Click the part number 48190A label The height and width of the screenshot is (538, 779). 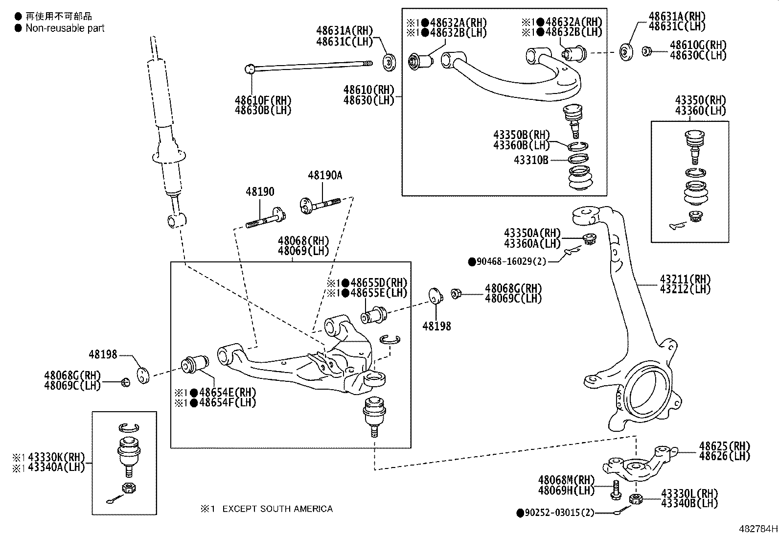[x=325, y=175]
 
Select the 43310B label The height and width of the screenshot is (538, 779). [x=531, y=160]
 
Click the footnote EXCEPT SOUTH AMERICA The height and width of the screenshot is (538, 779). [x=277, y=509]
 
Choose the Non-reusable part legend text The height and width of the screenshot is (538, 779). [x=65, y=28]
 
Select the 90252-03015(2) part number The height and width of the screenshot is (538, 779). [x=559, y=513]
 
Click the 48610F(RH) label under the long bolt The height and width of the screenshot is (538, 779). [x=263, y=100]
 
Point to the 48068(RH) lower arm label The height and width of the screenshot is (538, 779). [x=303, y=241]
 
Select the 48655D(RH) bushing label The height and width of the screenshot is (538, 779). [x=374, y=283]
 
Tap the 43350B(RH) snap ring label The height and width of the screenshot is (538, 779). [x=521, y=135]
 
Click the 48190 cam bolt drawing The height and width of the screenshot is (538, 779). [x=265, y=218]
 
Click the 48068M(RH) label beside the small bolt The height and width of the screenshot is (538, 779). [x=566, y=480]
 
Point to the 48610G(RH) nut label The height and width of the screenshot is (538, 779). [x=698, y=45]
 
